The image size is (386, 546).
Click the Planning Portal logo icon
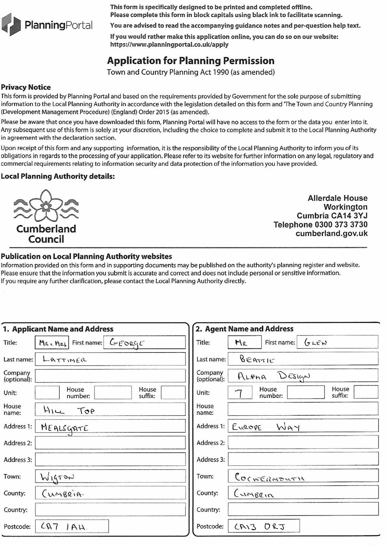(x=11, y=25)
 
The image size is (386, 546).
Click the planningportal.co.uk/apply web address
(x=169, y=45)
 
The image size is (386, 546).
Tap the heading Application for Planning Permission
(x=191, y=61)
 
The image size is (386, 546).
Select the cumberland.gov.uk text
(x=331, y=233)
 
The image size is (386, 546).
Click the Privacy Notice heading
(x=26, y=87)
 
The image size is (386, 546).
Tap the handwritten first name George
(x=127, y=343)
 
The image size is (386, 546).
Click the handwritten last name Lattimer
(x=65, y=359)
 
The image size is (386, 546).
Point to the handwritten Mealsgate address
(x=64, y=428)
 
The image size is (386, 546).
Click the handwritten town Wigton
(x=57, y=477)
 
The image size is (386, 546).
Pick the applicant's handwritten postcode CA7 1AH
(x=63, y=527)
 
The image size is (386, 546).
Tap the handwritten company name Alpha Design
(x=274, y=376)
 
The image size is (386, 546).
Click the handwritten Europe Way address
(x=266, y=427)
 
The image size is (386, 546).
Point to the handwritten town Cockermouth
(x=269, y=477)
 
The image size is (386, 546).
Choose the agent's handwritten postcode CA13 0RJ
(x=260, y=527)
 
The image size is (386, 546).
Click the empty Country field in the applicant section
(x=110, y=509)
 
